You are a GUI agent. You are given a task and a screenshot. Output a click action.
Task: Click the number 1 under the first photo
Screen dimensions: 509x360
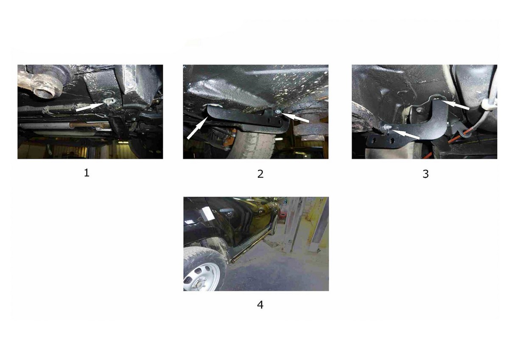(87, 173)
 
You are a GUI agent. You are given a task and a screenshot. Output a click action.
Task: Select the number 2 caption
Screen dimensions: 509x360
(260, 174)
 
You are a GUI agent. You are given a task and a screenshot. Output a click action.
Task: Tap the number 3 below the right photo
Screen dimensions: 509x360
(425, 174)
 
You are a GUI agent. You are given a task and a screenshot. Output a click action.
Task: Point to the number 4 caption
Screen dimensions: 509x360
(260, 305)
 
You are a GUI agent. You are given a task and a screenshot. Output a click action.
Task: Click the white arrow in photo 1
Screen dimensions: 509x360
(90, 107)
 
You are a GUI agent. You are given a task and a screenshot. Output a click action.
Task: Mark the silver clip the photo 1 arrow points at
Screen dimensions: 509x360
(110, 101)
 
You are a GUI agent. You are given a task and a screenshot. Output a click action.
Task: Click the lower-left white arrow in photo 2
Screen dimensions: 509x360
(197, 128)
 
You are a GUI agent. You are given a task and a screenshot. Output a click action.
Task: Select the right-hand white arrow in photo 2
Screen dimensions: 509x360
(295, 118)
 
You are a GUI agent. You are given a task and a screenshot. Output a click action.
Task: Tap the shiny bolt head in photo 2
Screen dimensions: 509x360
(278, 111)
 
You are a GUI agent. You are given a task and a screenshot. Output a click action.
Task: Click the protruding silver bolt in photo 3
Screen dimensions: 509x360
(386, 127)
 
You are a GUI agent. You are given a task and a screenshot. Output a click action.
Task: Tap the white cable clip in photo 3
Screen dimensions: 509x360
(486, 104)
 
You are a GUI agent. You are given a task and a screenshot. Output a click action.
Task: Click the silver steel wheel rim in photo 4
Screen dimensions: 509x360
(202, 277)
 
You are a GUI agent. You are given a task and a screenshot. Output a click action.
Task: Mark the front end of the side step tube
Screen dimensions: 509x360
(233, 262)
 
